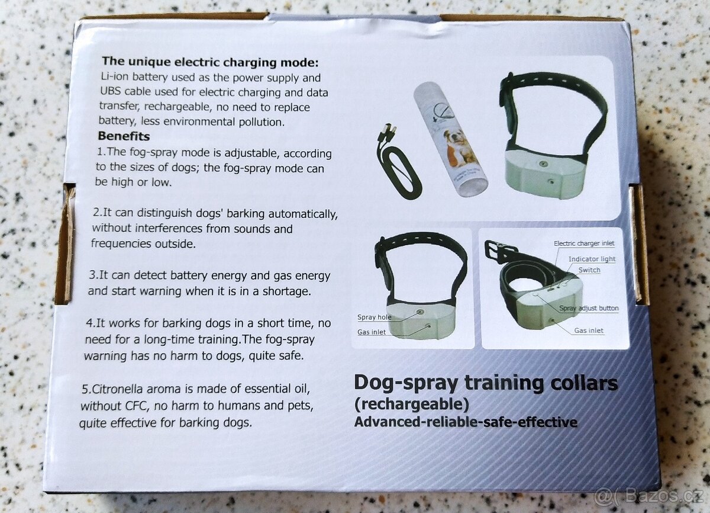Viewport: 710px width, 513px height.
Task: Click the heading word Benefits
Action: click(x=124, y=136)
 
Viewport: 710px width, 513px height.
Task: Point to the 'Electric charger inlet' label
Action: click(x=584, y=243)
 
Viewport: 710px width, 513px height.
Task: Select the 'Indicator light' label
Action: click(x=592, y=259)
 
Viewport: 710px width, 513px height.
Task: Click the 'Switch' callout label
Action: click(x=589, y=270)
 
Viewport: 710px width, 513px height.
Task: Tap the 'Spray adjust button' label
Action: click(x=589, y=308)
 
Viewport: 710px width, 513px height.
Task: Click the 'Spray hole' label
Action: click(x=374, y=317)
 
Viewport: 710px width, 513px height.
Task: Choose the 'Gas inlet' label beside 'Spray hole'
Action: click(x=372, y=332)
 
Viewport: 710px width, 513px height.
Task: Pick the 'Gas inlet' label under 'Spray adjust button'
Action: click(x=589, y=331)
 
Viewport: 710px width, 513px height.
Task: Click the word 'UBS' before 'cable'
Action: click(x=110, y=91)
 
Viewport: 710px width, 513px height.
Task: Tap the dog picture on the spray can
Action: click(x=454, y=145)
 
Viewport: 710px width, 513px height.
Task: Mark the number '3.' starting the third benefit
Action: click(x=94, y=275)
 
